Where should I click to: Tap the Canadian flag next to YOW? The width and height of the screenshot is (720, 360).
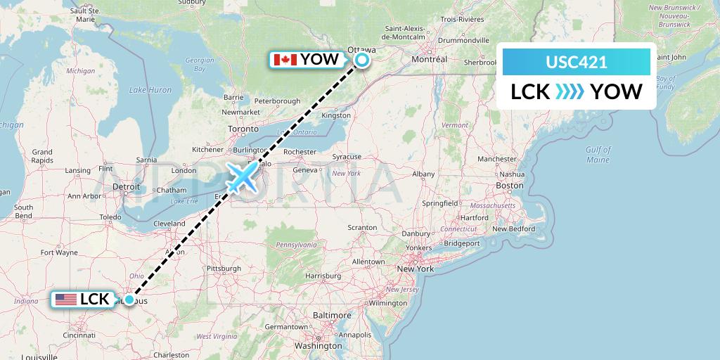point(285,59)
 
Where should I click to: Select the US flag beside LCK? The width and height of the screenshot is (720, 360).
point(66,300)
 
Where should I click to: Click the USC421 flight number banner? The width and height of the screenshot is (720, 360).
point(577,62)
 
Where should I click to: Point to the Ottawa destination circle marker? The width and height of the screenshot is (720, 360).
point(362,59)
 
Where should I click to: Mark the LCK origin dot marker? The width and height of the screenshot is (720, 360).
point(129,300)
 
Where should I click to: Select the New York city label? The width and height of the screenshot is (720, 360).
point(415,269)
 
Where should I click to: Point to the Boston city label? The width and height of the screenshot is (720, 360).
point(510,186)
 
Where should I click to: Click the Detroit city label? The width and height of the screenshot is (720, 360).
point(127,186)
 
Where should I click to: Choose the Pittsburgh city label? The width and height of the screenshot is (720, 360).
point(223,269)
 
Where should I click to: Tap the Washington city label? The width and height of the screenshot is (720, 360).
point(319,346)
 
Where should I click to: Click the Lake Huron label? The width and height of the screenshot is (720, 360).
point(150,90)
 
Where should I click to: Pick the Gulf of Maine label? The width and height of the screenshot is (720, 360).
point(598,154)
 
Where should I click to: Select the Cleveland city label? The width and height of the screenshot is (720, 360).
point(169,223)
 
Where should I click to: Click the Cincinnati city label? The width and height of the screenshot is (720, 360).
point(79,335)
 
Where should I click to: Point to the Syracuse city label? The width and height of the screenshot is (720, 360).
point(347,157)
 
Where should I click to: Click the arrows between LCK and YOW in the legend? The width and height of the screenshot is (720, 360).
point(569,92)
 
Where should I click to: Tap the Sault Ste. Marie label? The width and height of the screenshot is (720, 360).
point(86,15)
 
